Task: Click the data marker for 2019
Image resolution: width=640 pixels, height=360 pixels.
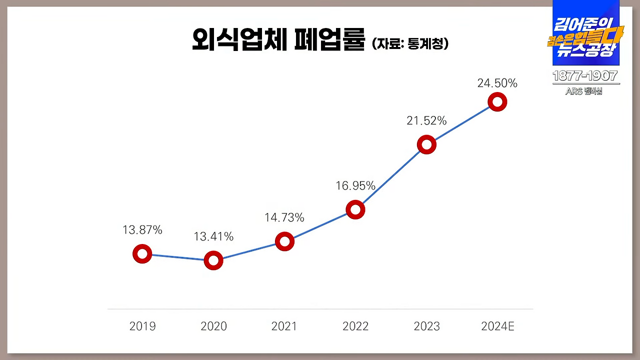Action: (142, 254)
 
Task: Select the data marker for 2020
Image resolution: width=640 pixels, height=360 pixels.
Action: (213, 260)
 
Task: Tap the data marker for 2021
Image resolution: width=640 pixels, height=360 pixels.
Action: (284, 241)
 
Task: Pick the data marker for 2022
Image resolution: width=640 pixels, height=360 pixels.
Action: (355, 209)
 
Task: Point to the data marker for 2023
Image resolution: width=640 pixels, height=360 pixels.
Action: (426, 145)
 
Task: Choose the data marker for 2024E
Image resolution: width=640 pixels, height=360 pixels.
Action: (497, 102)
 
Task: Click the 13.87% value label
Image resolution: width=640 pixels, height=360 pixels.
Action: (142, 230)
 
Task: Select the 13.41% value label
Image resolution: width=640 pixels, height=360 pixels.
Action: (213, 236)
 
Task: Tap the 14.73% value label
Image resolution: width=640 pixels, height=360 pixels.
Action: (284, 217)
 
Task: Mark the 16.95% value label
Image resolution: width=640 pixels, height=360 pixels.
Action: (355, 186)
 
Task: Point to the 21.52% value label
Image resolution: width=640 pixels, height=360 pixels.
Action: (426, 120)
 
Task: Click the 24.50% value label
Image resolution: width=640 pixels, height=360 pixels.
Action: (497, 83)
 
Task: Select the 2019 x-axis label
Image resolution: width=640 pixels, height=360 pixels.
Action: (142, 326)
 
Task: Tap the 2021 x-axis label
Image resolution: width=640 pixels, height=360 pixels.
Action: (284, 326)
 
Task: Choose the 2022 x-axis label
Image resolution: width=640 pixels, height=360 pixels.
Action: (355, 326)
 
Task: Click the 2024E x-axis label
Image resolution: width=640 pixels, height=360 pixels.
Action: (497, 326)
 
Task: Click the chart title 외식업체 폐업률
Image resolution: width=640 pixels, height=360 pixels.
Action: (278, 41)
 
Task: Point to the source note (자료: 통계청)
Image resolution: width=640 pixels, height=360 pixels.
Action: (410, 43)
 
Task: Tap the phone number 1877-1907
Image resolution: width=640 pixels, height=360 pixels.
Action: (585, 76)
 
